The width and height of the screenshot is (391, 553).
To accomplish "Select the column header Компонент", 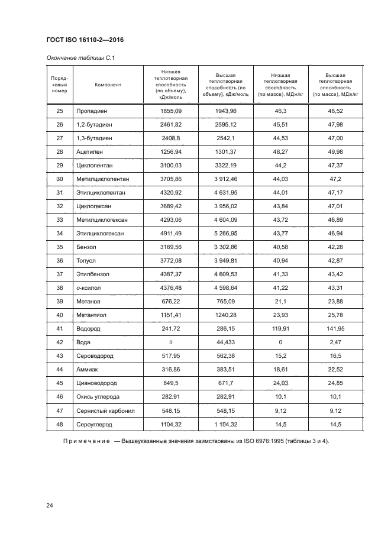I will pyautogui.click(x=108, y=85).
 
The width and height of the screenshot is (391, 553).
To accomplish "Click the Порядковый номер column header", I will pyautogui.click(x=60, y=85).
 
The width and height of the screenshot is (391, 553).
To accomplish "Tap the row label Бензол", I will pyautogui.click(x=86, y=247).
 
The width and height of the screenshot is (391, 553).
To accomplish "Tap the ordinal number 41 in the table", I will pyautogui.click(x=59, y=329).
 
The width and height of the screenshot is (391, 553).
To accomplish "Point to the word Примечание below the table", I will pyautogui.click(x=88, y=442).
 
